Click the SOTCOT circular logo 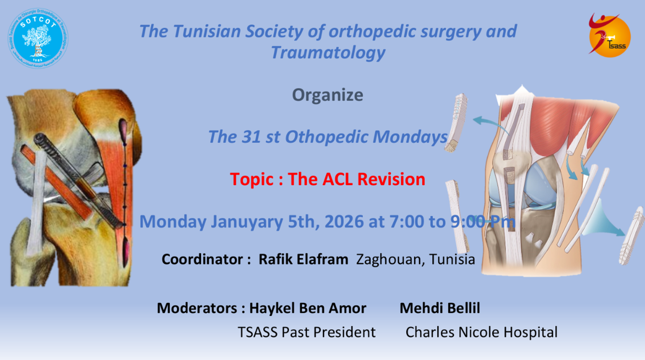[38, 38]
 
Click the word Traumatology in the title [328, 53]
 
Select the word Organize [327, 95]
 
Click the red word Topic [252, 180]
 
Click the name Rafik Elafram [303, 259]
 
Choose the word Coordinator [202, 259]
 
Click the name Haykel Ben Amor [308, 308]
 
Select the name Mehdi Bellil [440, 308]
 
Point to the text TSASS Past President [306, 332]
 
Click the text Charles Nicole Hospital [481, 332]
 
